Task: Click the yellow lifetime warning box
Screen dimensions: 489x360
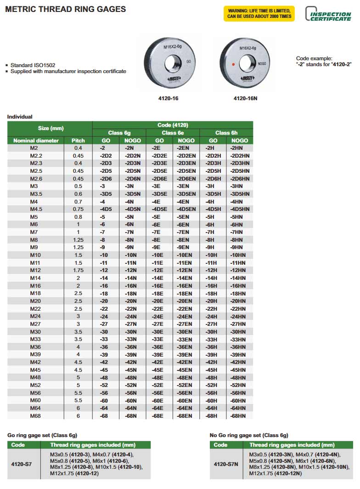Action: pos(259,13)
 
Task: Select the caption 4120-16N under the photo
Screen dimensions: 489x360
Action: pos(246,98)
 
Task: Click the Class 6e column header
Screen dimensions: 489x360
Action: pos(173,132)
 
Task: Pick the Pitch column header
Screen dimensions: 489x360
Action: pos(79,140)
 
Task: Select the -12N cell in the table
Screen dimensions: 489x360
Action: pos(132,270)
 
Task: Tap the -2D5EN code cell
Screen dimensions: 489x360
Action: pos(186,171)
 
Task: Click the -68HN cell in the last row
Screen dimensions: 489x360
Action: pos(239,416)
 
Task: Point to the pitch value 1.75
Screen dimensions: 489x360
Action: pos(79,270)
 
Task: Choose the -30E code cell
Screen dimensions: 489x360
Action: pos(159,332)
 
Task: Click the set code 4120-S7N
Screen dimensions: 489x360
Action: pos(226,464)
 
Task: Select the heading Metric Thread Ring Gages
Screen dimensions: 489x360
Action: pos(65,9)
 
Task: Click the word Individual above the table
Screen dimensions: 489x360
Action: pos(20,117)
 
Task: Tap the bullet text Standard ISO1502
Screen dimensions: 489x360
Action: pos(33,65)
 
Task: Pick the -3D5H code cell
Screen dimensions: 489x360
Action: pos(213,194)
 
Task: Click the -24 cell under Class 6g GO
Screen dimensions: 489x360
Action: pos(106,316)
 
